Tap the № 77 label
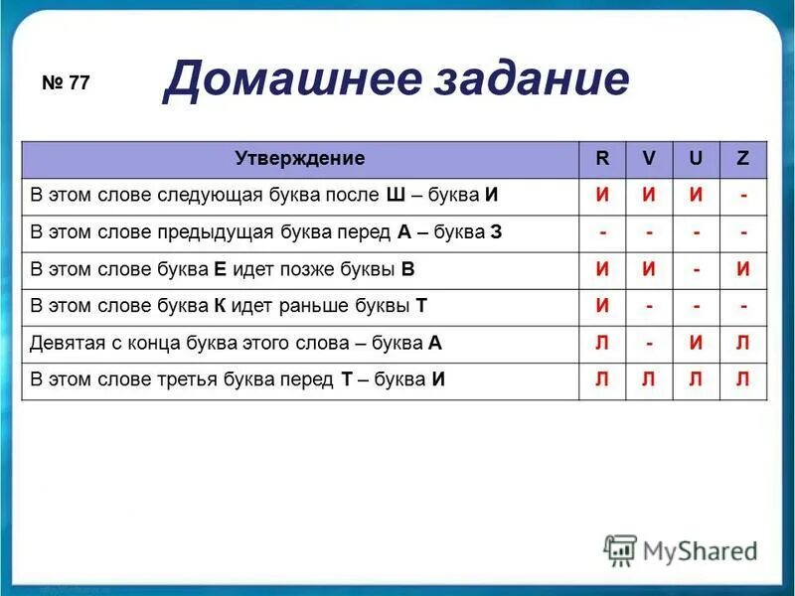click(x=67, y=83)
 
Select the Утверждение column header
click(x=300, y=159)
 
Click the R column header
click(x=602, y=159)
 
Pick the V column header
click(x=649, y=159)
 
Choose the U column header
click(x=697, y=159)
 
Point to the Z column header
click(x=743, y=159)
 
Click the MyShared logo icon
click(x=621, y=549)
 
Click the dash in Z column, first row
click(x=743, y=196)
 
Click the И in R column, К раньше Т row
click(x=602, y=306)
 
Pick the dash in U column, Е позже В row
click(x=697, y=269)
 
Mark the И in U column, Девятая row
click(x=697, y=344)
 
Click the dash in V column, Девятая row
click(x=649, y=344)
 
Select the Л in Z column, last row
click(x=743, y=380)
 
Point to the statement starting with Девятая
click(x=237, y=344)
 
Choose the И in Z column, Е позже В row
click(x=743, y=269)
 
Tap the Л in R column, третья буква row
click(x=602, y=380)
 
